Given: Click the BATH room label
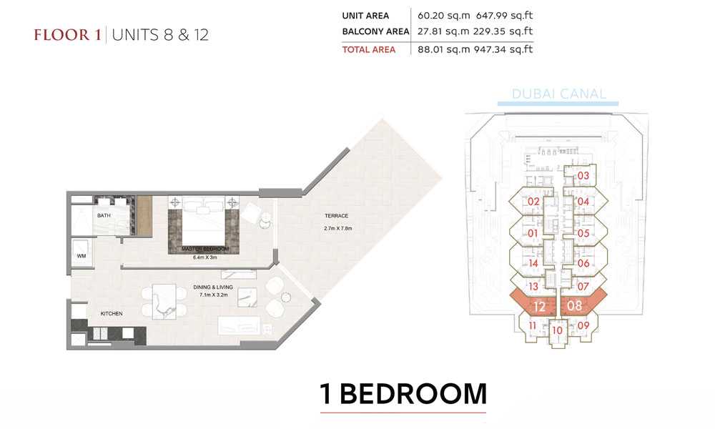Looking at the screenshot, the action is [x=104, y=215].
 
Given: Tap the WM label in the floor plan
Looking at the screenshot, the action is [x=82, y=256].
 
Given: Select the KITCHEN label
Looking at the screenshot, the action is [x=112, y=314].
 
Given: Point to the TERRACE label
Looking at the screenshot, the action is [x=337, y=216].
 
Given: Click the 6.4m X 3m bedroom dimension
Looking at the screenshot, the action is [x=204, y=257].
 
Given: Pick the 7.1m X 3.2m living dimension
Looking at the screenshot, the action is [x=213, y=295].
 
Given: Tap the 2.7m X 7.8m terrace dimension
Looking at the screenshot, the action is [x=338, y=228].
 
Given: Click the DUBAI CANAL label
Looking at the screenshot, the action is [x=559, y=94].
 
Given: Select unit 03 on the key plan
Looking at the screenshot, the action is [x=583, y=175].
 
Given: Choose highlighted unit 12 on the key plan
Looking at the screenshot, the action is [x=539, y=306].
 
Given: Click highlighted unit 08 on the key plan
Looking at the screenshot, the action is [x=575, y=305].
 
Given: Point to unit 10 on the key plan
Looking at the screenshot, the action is [x=557, y=330].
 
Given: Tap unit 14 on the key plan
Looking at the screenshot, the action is [x=533, y=264].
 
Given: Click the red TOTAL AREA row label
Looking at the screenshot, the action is [x=369, y=50].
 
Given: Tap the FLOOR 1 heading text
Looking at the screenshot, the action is [x=67, y=35].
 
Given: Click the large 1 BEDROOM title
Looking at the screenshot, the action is [x=403, y=394].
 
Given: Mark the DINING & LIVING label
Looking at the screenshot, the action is [x=213, y=287].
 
